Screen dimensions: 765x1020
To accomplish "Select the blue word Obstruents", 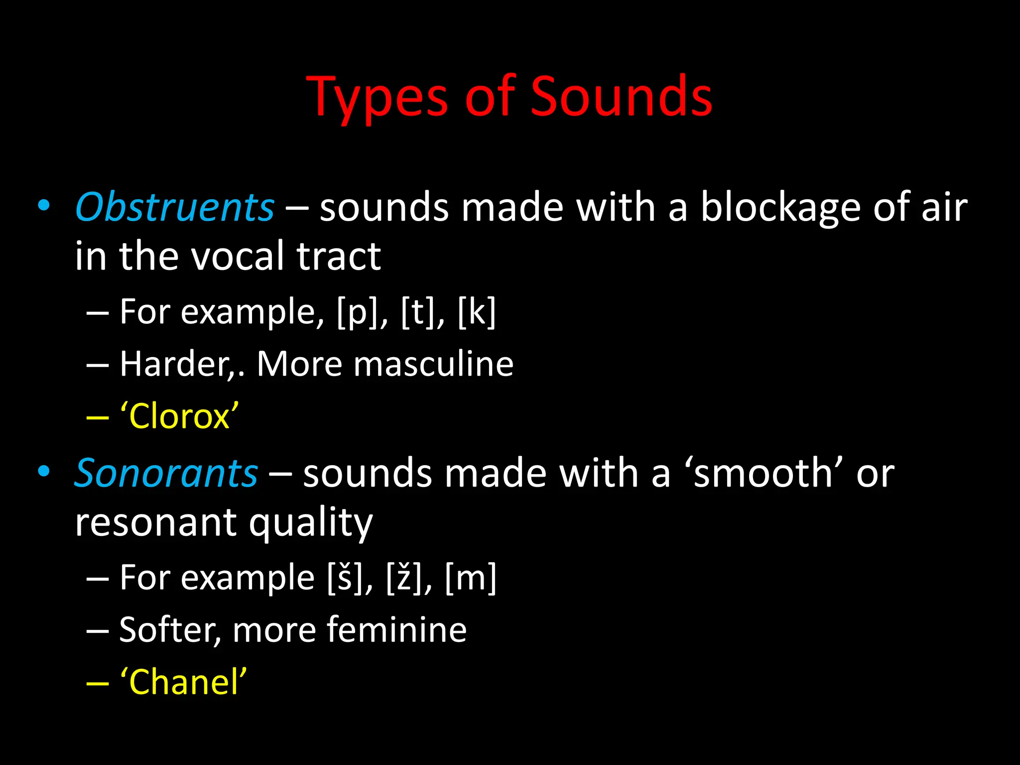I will click(174, 207).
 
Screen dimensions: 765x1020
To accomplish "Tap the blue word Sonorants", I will click(166, 473).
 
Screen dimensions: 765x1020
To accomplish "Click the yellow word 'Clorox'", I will click(179, 416).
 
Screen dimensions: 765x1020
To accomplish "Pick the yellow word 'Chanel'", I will click(183, 682).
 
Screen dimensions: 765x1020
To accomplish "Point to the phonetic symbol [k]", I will click(477, 312).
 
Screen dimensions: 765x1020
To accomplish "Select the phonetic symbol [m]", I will click(471, 578).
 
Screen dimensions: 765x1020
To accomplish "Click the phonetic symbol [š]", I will click(345, 578).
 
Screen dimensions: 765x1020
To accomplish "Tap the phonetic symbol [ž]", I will click(404, 578).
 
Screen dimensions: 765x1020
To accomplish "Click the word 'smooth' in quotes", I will click(764, 473).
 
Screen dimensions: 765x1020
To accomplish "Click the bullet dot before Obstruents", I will click(44, 206).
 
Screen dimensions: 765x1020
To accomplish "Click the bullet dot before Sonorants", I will click(44, 471).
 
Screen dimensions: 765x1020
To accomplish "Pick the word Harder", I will click(174, 364).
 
